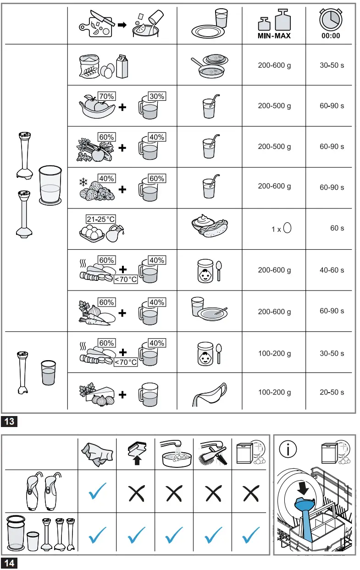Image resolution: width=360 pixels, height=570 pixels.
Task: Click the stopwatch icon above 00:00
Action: point(330,19)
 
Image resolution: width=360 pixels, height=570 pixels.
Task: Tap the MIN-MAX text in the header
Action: point(274,36)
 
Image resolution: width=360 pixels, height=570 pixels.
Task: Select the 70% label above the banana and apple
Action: point(107,96)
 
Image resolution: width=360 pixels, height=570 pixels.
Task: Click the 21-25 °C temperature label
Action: point(101,219)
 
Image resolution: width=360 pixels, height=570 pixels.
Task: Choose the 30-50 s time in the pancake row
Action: point(332,66)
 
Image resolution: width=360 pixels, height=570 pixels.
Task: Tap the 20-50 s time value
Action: point(332,393)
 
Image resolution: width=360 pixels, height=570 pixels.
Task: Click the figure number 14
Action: point(10,563)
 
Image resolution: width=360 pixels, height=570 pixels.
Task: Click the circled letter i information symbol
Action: point(288,449)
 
